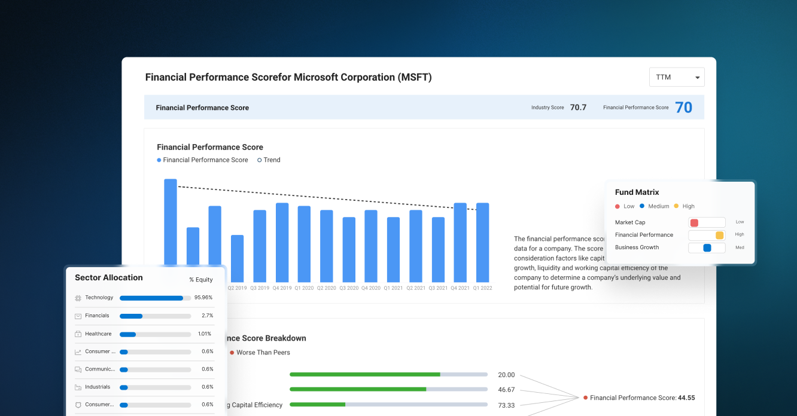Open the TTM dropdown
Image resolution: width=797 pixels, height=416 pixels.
(677, 77)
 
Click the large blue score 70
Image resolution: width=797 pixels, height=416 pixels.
(683, 108)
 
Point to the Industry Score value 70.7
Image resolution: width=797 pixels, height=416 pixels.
(578, 108)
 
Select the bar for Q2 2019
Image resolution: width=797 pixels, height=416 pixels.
(238, 258)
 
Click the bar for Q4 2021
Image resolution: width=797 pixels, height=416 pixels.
(460, 242)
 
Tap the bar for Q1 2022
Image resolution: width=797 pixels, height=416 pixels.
(482, 242)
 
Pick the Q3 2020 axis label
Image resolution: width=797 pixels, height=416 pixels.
(349, 288)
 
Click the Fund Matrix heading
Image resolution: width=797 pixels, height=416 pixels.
(637, 192)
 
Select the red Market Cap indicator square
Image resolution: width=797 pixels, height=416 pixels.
(694, 223)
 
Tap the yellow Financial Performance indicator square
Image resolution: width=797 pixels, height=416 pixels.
(719, 235)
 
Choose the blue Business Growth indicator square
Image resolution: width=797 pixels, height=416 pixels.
(707, 248)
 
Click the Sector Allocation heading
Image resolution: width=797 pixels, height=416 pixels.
(109, 278)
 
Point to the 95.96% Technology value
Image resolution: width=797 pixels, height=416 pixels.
(203, 298)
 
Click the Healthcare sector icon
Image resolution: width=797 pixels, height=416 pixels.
(78, 334)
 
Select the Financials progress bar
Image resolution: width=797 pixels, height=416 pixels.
(155, 316)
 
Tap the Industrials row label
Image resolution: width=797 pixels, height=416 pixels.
(98, 387)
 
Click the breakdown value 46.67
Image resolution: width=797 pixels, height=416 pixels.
(506, 390)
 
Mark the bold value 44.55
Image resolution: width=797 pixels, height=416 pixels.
(686, 398)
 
